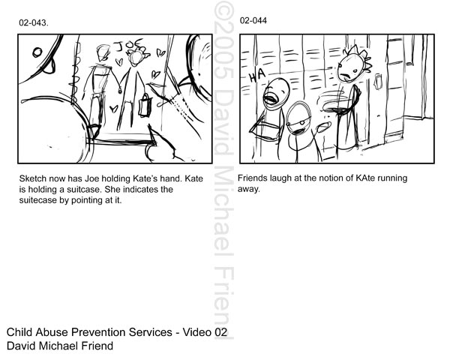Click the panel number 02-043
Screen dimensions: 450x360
[x=34, y=23]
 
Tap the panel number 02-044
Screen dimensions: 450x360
[x=253, y=21]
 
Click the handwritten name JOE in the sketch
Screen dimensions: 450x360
[x=129, y=45]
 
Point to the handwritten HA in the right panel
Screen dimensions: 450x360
[x=257, y=76]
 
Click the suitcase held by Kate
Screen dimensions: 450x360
[x=145, y=106]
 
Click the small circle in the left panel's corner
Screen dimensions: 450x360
[x=37, y=52]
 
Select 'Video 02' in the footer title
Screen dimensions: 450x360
[x=205, y=332]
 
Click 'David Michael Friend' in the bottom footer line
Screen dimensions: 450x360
[x=60, y=346]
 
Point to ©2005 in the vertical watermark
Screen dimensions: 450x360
[x=223, y=40]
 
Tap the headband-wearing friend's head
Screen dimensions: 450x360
[x=298, y=118]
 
